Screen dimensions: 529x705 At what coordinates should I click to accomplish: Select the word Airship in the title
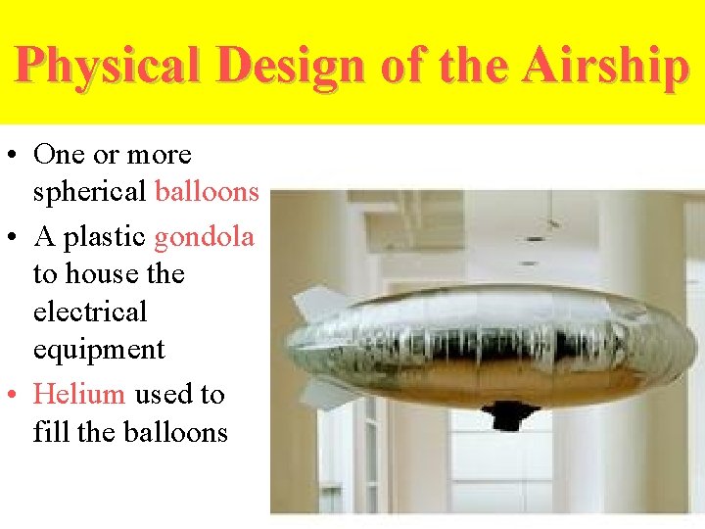[605, 67]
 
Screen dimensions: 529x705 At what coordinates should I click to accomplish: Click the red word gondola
[204, 237]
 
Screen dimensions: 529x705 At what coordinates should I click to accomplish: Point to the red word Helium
[79, 394]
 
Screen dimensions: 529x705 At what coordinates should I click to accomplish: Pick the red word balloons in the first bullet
[207, 192]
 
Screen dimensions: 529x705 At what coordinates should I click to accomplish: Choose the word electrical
[90, 312]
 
